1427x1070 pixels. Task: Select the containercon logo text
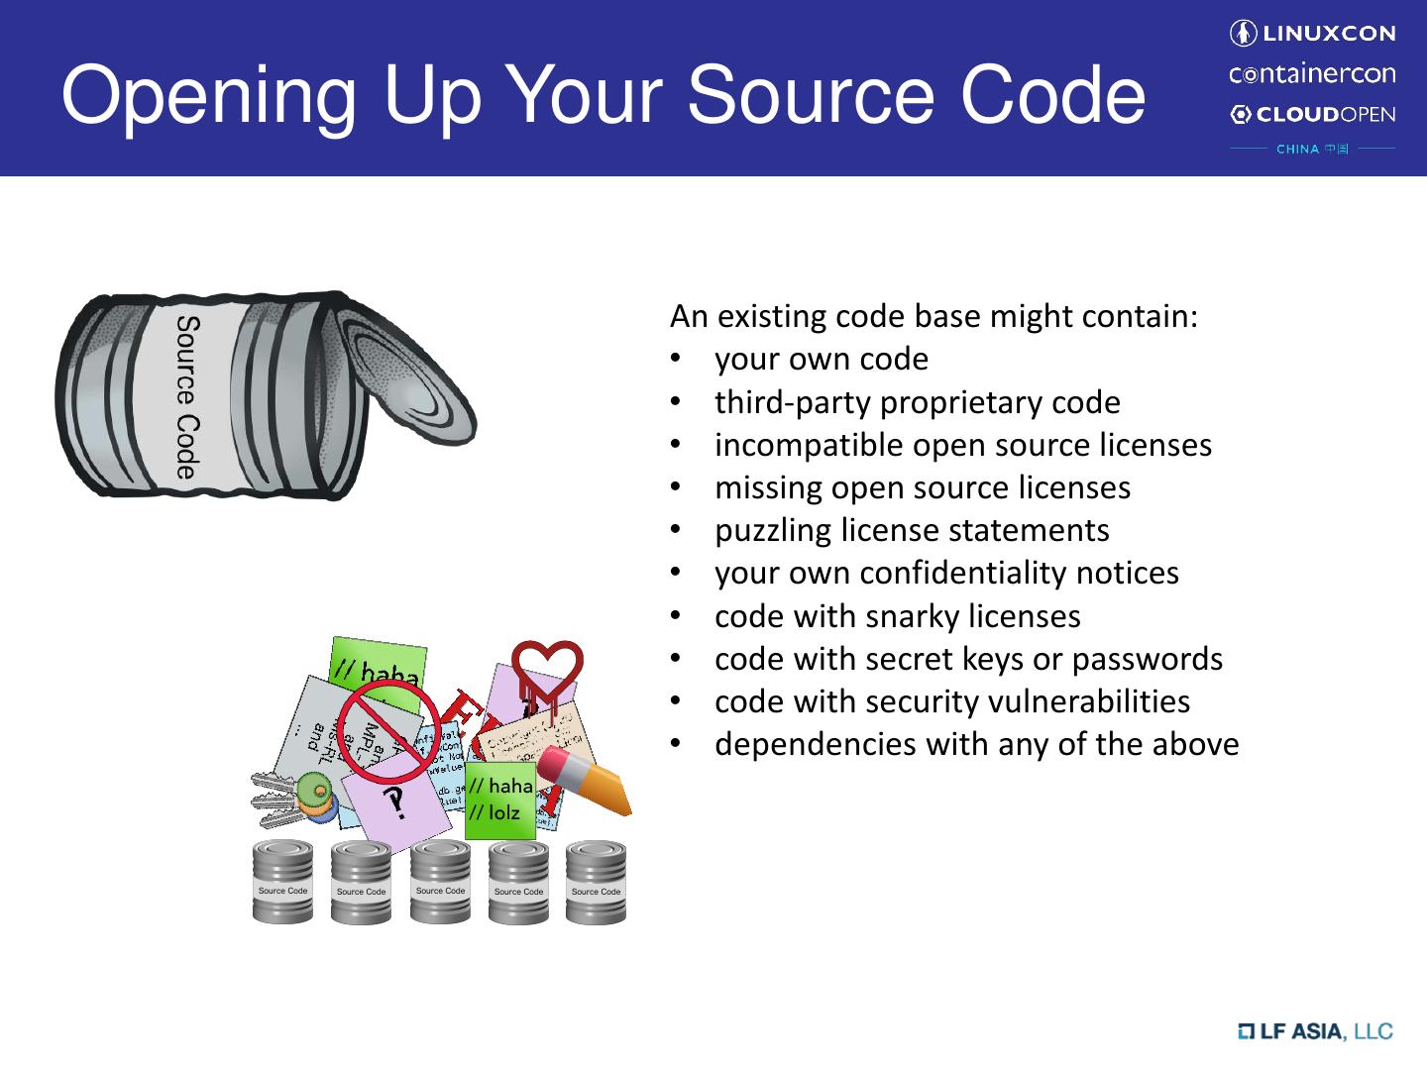(1312, 74)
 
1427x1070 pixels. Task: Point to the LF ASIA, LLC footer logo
(1315, 1031)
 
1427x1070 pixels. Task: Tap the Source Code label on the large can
(186, 397)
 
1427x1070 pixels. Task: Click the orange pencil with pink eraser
(585, 782)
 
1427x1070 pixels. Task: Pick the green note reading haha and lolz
(500, 800)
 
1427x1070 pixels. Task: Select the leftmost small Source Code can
(282, 882)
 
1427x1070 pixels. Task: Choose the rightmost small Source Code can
(596, 883)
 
